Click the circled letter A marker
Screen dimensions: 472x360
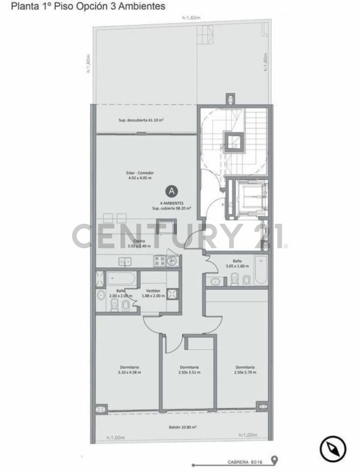tap(172, 191)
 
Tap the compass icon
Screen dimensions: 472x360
tap(333, 449)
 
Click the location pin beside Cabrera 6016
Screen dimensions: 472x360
tap(274, 460)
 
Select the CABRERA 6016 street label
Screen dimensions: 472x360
tap(244, 462)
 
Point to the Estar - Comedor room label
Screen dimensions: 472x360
tap(137, 175)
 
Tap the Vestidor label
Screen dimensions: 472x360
tap(153, 293)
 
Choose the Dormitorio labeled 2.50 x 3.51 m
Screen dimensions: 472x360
tap(189, 370)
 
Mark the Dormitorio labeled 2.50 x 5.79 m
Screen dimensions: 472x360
tap(245, 370)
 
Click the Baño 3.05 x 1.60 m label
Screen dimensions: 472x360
tap(237, 264)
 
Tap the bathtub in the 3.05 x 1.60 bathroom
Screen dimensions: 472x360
tap(261, 270)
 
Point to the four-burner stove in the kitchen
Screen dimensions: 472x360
tap(159, 261)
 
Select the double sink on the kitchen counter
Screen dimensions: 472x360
tap(125, 262)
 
